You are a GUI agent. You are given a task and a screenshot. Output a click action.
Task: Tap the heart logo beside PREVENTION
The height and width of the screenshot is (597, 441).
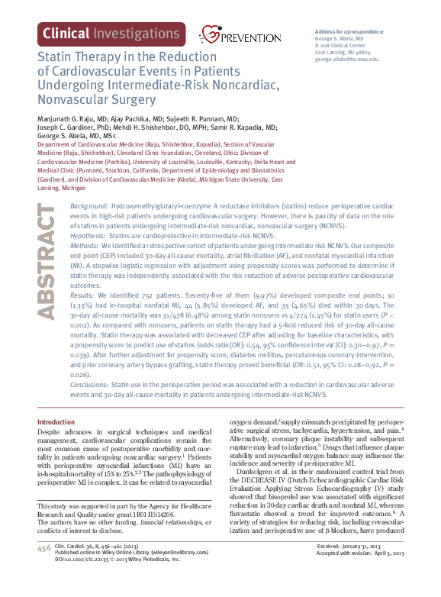coord(208,33)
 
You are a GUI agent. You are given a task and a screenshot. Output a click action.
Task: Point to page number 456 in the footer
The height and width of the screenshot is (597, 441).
coord(43,570)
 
